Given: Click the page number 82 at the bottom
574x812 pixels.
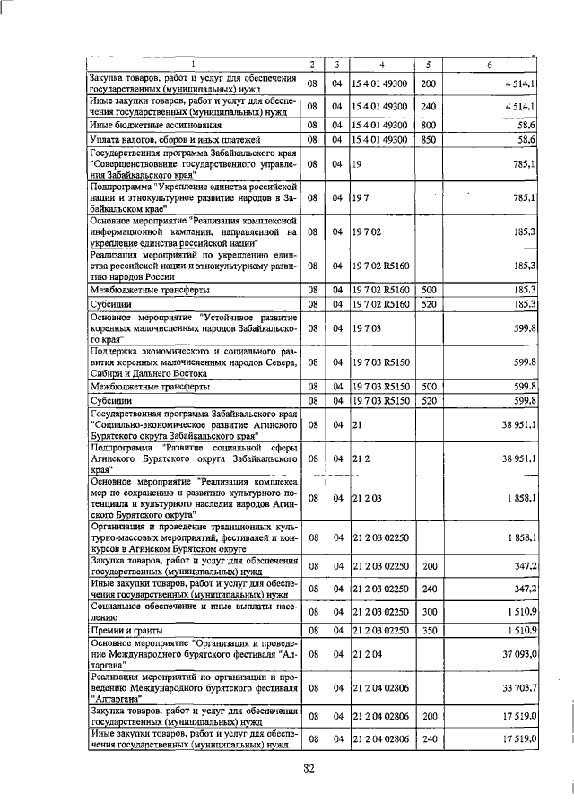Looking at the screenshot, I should click(x=309, y=766).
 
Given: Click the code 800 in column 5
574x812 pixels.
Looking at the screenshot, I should click(x=428, y=125).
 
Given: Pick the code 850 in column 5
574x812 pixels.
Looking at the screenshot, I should click(x=428, y=140).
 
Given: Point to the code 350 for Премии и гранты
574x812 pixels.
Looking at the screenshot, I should click(x=428, y=631).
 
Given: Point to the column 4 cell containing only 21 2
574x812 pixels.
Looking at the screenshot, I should click(x=361, y=458).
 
